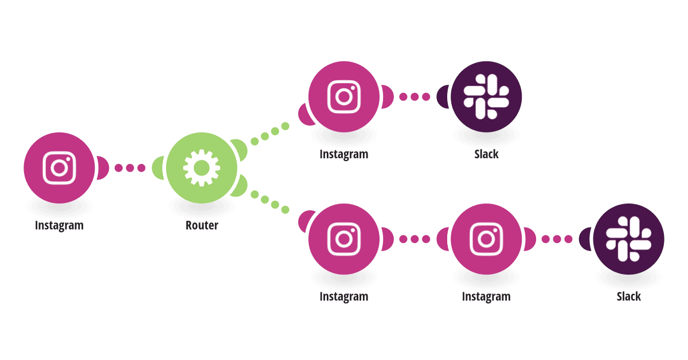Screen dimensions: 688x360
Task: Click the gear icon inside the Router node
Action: pyautogui.click(x=201, y=168)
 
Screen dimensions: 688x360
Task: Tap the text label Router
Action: pyautogui.click(x=202, y=225)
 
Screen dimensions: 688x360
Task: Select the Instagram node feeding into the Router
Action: pyautogui.click(x=59, y=168)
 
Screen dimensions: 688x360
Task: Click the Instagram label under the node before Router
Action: pyautogui.click(x=59, y=226)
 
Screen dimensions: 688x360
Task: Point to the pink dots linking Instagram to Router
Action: pyautogui.click(x=130, y=168)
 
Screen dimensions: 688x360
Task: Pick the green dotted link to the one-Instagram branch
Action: pyautogui.click(x=270, y=134)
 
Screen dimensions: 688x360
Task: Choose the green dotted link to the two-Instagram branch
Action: pyautogui.click(x=270, y=202)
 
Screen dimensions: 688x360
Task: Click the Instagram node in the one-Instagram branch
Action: pyautogui.click(x=344, y=97)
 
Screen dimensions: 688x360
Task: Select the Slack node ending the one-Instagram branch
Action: pyautogui.click(x=486, y=97)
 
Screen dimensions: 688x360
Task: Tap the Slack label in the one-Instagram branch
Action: pyautogui.click(x=486, y=154)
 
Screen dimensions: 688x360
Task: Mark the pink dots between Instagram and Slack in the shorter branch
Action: pyautogui.click(x=415, y=97)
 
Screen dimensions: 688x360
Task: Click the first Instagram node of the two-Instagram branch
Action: pyautogui.click(x=344, y=239)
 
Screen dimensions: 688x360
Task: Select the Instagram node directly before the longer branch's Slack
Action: pyautogui.click(x=486, y=239)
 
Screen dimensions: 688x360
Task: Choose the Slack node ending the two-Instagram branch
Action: pyautogui.click(x=628, y=239)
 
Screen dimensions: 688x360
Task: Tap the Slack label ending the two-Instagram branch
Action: pyautogui.click(x=629, y=297)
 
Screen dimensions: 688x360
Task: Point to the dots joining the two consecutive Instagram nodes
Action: pyautogui.click(x=415, y=239)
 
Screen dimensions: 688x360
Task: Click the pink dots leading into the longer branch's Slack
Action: pyautogui.click(x=557, y=239)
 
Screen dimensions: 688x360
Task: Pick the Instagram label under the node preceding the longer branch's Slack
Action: pyautogui.click(x=486, y=297)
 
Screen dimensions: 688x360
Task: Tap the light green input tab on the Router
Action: pyautogui.click(x=158, y=168)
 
